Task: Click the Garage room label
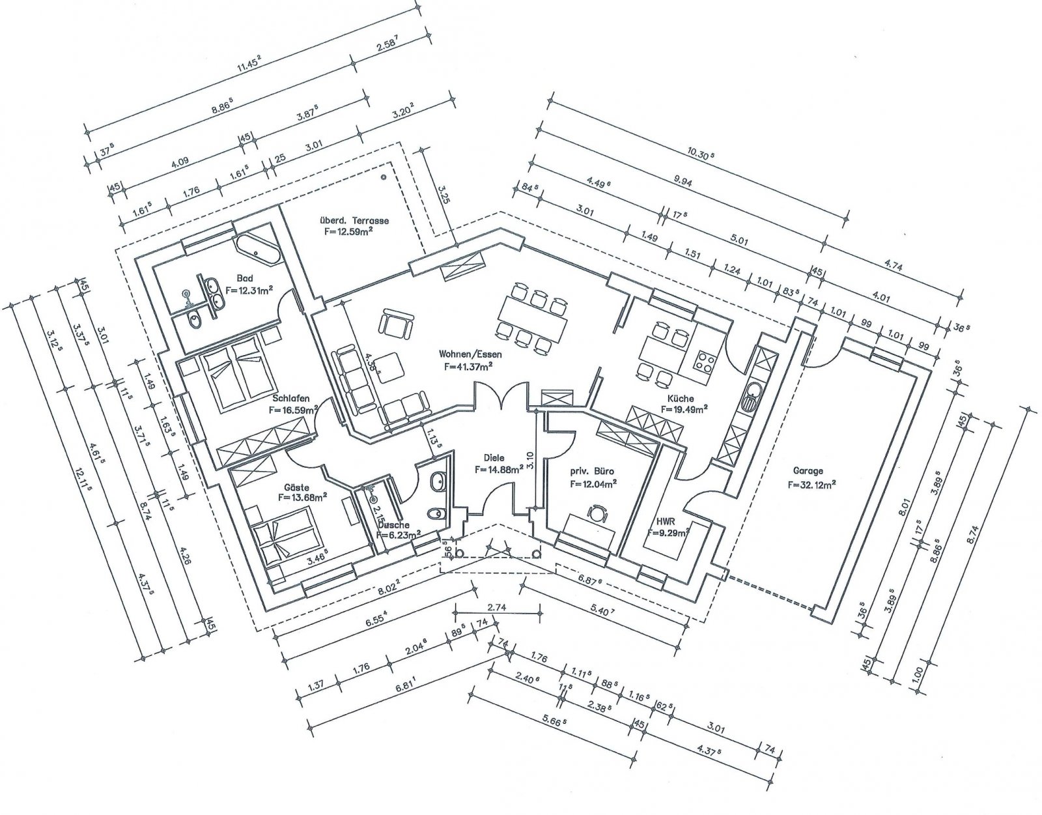pyautogui.click(x=808, y=470)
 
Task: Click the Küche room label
pyautogui.click(x=680, y=398)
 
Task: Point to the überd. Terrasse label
pyautogui.click(x=354, y=220)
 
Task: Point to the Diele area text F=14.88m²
pyautogui.click(x=500, y=469)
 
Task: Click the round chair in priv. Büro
pyautogui.click(x=597, y=513)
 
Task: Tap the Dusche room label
pyautogui.click(x=393, y=524)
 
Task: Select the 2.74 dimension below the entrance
pyautogui.click(x=497, y=607)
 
